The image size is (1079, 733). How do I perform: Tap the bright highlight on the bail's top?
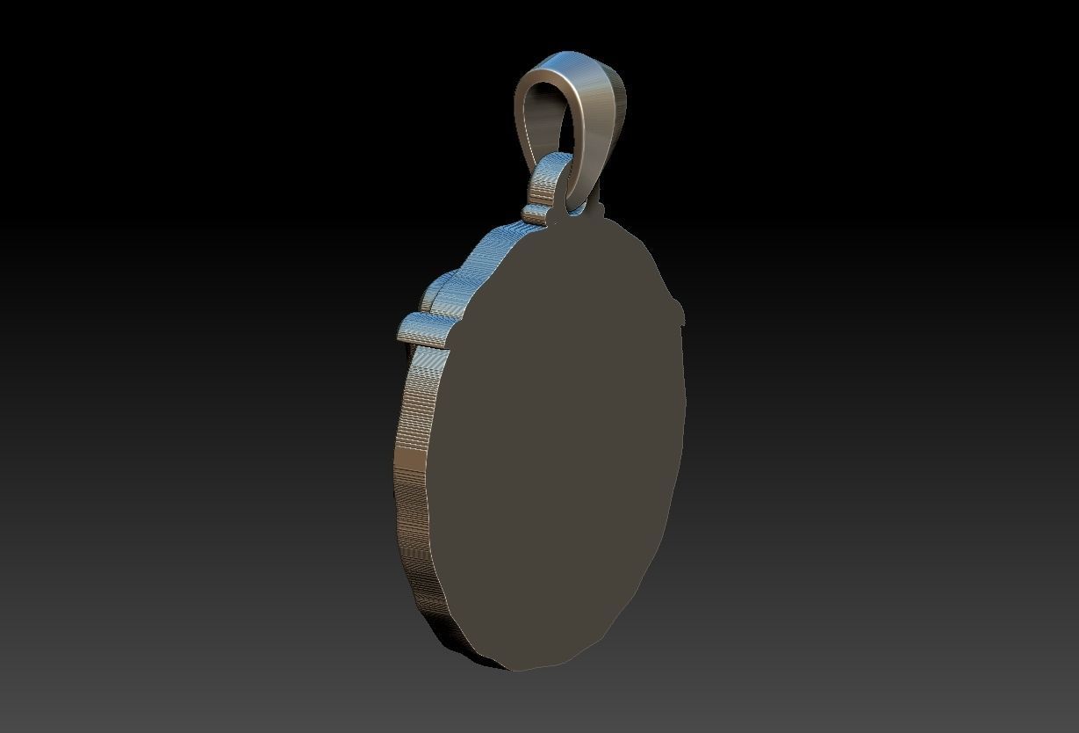tap(571, 62)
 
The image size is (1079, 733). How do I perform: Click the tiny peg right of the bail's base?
tap(599, 209)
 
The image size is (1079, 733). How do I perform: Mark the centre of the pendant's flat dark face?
tap(562, 439)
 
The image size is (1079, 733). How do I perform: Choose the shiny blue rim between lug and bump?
tap(492, 246)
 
